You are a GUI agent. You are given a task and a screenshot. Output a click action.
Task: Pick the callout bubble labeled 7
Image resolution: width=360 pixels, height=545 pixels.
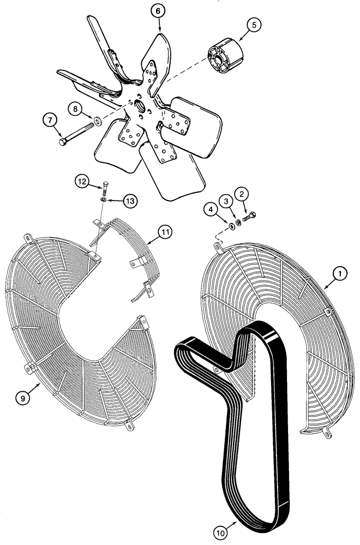click(x=49, y=119)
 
